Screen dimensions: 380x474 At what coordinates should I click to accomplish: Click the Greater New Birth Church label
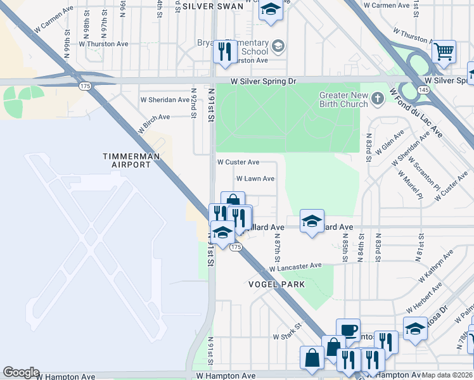click(x=336, y=100)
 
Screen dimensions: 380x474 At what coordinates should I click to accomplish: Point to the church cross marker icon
click(x=378, y=98)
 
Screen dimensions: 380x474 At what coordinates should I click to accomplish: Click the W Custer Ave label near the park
click(x=238, y=163)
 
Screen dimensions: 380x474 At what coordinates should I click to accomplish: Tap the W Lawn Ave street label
click(x=255, y=179)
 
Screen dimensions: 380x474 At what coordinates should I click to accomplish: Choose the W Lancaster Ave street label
click(x=295, y=267)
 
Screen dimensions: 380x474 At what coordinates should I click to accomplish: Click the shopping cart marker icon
click(x=444, y=51)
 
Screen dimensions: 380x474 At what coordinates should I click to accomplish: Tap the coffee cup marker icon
click(x=348, y=329)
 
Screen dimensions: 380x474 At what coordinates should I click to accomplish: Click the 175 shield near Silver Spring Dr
click(x=84, y=85)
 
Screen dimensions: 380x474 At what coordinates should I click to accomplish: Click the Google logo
click(x=21, y=372)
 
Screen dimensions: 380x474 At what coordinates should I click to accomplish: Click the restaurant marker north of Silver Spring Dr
click(x=223, y=51)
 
